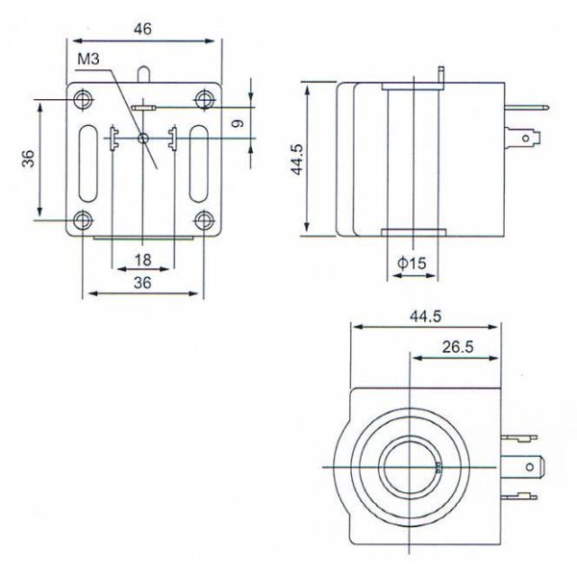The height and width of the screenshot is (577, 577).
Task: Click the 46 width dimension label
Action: (142, 29)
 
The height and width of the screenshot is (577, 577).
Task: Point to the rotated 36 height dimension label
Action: (29, 159)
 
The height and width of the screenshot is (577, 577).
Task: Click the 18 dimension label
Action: (142, 260)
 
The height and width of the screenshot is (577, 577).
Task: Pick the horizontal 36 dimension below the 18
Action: (142, 282)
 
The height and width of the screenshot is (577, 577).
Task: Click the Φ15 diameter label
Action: (412, 263)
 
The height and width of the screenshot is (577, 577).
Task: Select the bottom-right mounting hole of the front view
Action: (204, 219)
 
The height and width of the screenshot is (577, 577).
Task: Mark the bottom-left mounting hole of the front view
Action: (83, 219)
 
